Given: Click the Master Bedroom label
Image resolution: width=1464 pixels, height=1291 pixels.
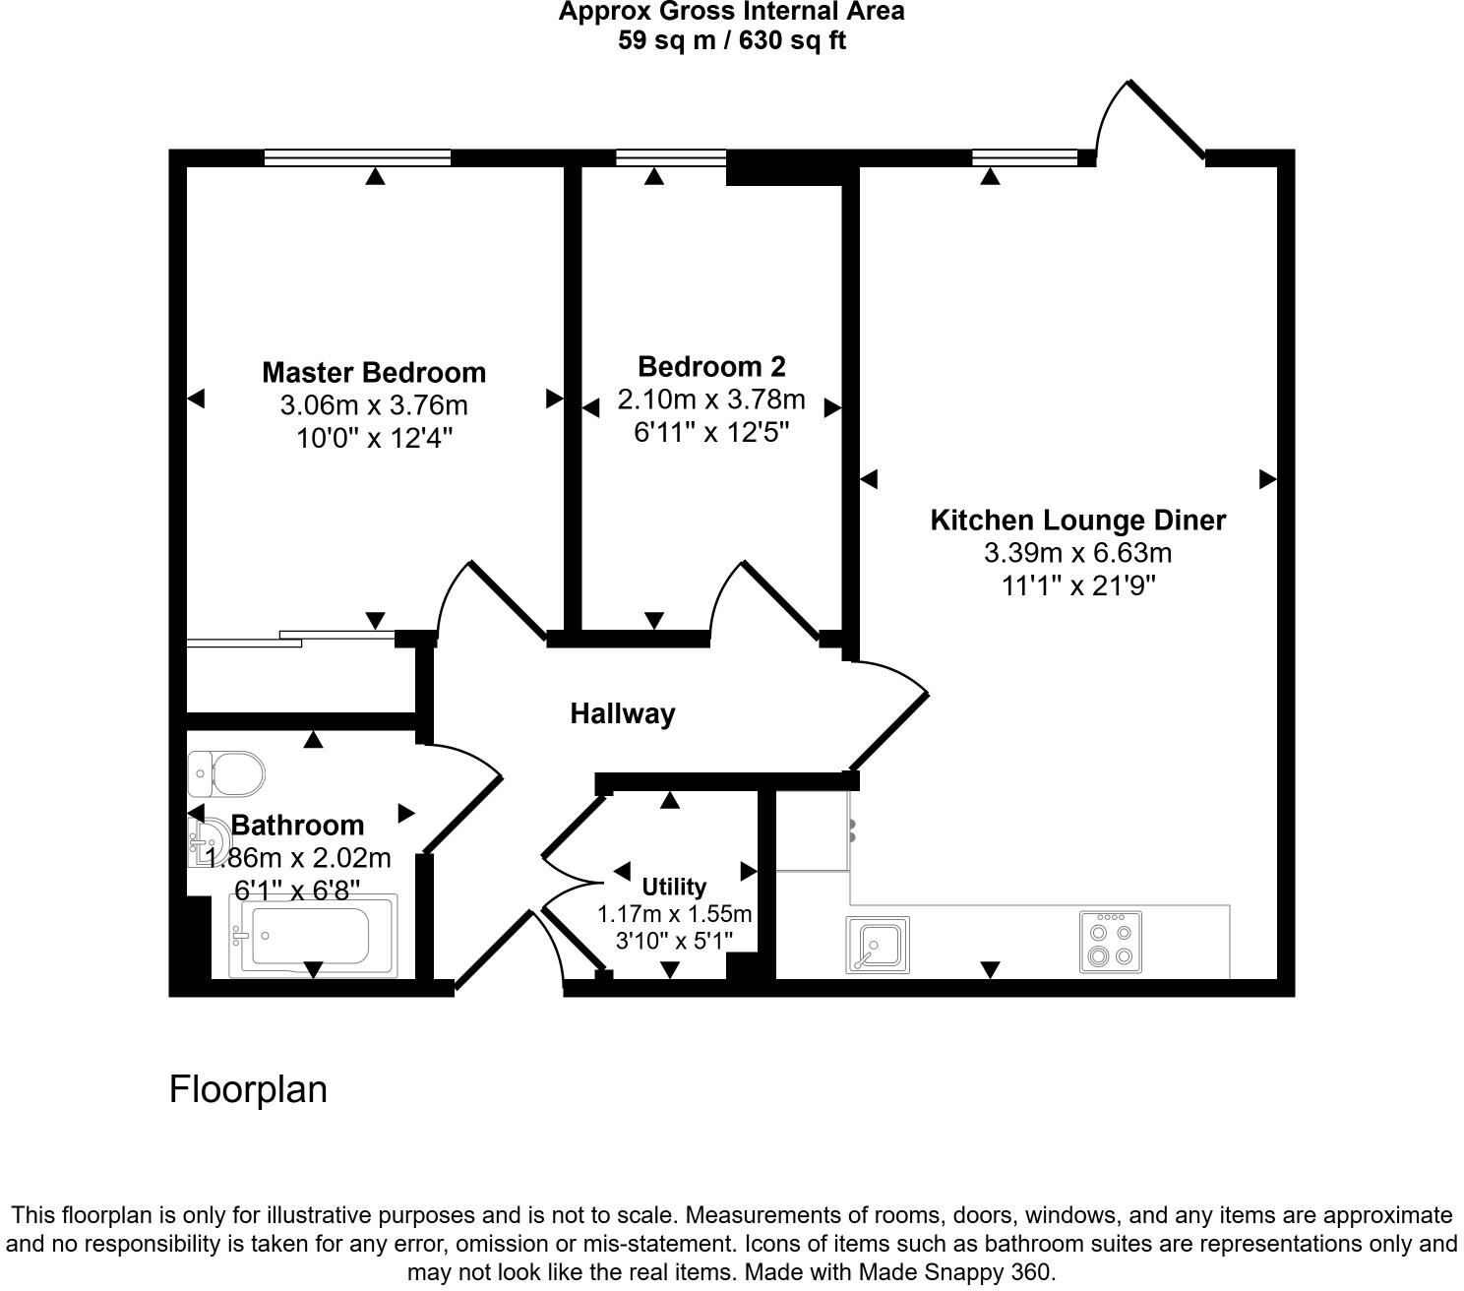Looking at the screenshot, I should click(374, 372).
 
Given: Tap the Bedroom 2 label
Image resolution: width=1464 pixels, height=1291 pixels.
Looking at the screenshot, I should click(711, 366).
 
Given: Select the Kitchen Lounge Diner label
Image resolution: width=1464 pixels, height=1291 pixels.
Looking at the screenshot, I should click(1077, 520).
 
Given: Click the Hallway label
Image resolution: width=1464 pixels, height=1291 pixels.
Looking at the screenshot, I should click(623, 713).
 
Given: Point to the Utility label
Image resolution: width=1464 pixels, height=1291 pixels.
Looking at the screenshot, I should click(674, 887).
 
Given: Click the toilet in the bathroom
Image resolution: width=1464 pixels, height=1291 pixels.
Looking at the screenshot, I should click(227, 773).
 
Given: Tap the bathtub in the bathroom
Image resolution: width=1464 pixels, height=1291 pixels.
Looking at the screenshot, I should click(313, 936).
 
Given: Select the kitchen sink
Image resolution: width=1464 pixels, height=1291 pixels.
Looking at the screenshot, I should click(878, 945).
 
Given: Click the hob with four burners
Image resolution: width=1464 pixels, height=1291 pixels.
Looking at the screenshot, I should click(1110, 943).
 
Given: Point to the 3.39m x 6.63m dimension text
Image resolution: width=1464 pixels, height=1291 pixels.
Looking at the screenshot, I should click(1077, 553).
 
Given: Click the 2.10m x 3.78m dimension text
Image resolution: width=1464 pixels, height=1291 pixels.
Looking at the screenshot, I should click(711, 400).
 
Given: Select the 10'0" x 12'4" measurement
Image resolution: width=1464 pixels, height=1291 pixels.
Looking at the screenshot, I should click(374, 438).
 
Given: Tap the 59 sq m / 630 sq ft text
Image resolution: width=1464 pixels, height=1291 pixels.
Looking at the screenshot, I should click(731, 41).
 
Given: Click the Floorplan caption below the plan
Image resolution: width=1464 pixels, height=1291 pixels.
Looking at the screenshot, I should click(248, 1089).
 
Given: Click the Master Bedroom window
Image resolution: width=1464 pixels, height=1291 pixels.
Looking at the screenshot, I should click(357, 157).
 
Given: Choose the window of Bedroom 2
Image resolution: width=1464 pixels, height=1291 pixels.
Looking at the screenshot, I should click(671, 157).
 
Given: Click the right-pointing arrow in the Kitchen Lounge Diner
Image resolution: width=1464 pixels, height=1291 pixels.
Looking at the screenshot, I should click(1267, 479).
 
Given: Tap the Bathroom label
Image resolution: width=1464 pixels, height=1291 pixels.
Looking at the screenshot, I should click(297, 825).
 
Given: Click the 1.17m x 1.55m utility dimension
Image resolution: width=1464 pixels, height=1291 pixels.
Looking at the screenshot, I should click(674, 914).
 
